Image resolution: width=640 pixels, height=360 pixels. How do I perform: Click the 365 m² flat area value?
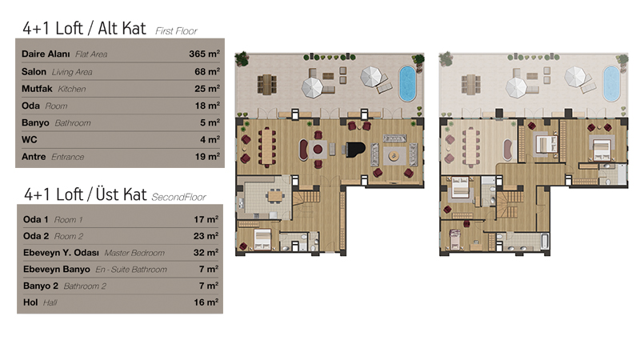click(x=205, y=54)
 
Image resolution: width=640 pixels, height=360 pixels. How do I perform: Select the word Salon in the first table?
click(x=34, y=72)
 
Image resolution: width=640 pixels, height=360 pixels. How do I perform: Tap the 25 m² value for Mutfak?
click(x=207, y=89)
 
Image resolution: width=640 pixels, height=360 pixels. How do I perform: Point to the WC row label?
click(x=30, y=139)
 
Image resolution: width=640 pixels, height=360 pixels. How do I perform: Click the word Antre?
click(x=34, y=157)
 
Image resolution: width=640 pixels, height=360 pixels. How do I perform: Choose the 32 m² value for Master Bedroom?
click(x=206, y=253)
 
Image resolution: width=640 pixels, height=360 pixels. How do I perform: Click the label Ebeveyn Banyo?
click(x=57, y=270)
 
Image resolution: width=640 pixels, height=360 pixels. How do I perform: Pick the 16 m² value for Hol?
click(x=206, y=302)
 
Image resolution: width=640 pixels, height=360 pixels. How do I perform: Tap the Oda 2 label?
click(x=36, y=236)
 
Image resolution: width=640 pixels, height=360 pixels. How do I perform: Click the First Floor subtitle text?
click(x=176, y=31)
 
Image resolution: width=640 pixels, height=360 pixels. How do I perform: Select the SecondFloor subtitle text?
click(x=178, y=197)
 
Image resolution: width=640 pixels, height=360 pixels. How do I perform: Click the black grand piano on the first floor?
click(x=354, y=149)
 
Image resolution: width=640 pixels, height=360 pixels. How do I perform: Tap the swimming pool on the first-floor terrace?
click(x=407, y=83)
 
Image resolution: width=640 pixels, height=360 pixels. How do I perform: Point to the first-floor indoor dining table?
click(x=266, y=146)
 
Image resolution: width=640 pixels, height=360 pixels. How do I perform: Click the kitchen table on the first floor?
click(x=275, y=196)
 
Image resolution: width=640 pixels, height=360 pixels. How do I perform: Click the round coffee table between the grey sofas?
click(x=394, y=155)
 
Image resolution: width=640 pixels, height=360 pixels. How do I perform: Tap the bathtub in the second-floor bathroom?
click(x=545, y=241)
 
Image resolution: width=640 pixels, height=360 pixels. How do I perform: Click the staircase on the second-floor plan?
click(x=510, y=205)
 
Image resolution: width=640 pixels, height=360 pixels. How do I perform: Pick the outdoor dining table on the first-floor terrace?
click(x=266, y=84)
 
